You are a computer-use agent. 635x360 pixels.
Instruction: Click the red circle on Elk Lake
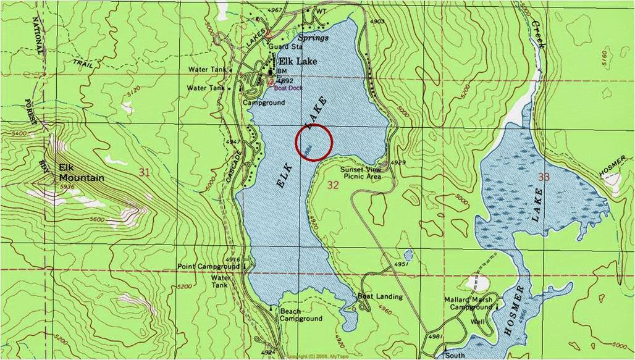(x=314, y=141)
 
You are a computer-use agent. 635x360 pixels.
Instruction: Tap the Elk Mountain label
(x=81, y=172)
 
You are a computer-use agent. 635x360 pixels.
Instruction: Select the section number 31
(x=145, y=172)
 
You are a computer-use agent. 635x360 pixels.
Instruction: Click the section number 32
(x=334, y=185)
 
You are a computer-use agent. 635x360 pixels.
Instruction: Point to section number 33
(x=544, y=177)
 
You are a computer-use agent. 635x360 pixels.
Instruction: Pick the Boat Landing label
(x=380, y=296)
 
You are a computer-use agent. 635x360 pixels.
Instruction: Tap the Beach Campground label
(x=301, y=315)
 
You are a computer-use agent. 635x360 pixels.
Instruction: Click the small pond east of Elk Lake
(x=408, y=254)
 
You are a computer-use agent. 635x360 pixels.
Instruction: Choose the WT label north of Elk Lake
(x=321, y=11)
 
